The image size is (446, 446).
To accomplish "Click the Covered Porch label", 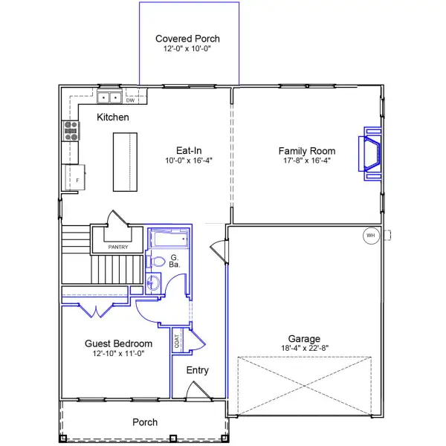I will click(187, 39).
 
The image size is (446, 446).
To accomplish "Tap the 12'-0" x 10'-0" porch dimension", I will click(187, 49).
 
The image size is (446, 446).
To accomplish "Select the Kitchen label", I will click(113, 117).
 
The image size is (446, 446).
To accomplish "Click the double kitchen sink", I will click(110, 97).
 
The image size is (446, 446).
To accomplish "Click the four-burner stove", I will click(71, 132).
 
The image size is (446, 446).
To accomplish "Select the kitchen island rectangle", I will click(126, 162).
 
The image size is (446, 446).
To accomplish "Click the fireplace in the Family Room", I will click(371, 154).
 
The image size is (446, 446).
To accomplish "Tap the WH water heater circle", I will click(370, 236).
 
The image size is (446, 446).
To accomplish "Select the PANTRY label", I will click(118, 247).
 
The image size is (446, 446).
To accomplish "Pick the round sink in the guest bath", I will click(153, 283).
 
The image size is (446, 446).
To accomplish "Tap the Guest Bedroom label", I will click(119, 343).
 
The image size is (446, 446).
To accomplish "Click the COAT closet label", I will click(177, 340).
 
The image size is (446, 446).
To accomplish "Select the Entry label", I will click(198, 370).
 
